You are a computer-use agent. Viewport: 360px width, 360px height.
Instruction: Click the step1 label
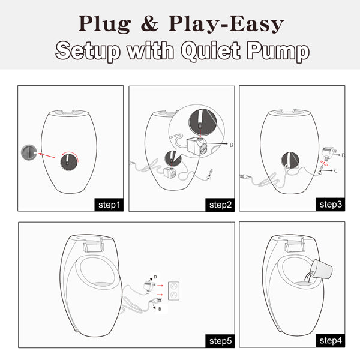coord(109,205)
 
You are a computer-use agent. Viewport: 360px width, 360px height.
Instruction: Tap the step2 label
coord(220,205)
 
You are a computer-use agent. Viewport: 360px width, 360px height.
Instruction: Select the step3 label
coord(331,205)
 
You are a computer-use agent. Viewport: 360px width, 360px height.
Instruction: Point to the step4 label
coord(331,340)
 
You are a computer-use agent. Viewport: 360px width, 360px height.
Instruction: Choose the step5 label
coord(220,341)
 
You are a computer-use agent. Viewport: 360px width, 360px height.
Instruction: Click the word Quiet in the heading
coord(211,51)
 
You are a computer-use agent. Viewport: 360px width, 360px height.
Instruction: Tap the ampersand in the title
coord(149,23)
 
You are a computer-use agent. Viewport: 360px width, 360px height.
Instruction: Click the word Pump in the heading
coord(278,51)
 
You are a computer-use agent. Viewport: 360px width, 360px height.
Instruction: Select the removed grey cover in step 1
coord(29,152)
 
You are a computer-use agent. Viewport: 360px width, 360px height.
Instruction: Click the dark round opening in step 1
coord(68,162)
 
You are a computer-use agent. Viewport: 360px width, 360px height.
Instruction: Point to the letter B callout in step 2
coord(232,145)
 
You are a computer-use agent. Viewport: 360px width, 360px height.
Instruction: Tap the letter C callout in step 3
coord(336,170)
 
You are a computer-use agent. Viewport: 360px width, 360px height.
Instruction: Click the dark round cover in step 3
coord(290,160)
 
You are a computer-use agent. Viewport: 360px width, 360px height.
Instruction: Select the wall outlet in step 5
coord(173,290)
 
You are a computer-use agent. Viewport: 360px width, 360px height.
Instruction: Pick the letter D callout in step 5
coord(155,277)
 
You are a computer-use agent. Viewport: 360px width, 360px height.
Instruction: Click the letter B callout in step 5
coord(160,309)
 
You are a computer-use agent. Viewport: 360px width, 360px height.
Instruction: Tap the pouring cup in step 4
coord(321,269)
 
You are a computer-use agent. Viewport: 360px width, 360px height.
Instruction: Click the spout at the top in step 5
coord(93,246)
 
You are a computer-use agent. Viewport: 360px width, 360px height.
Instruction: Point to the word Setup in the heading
coord(88,51)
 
